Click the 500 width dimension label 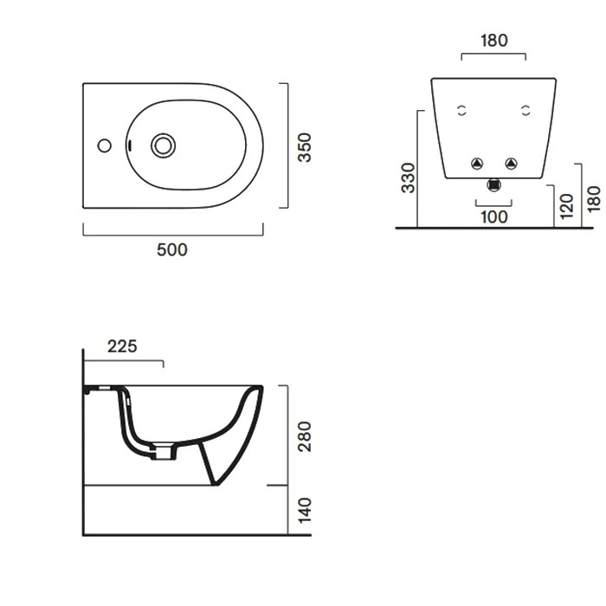[172, 249]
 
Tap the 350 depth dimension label [305, 147]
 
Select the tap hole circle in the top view [105, 145]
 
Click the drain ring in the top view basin [163, 145]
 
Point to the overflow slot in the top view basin [130, 145]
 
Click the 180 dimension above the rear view [494, 40]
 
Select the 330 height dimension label [408, 177]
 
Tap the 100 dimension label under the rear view [494, 216]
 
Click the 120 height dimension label [566, 206]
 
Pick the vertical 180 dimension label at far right [594, 198]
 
